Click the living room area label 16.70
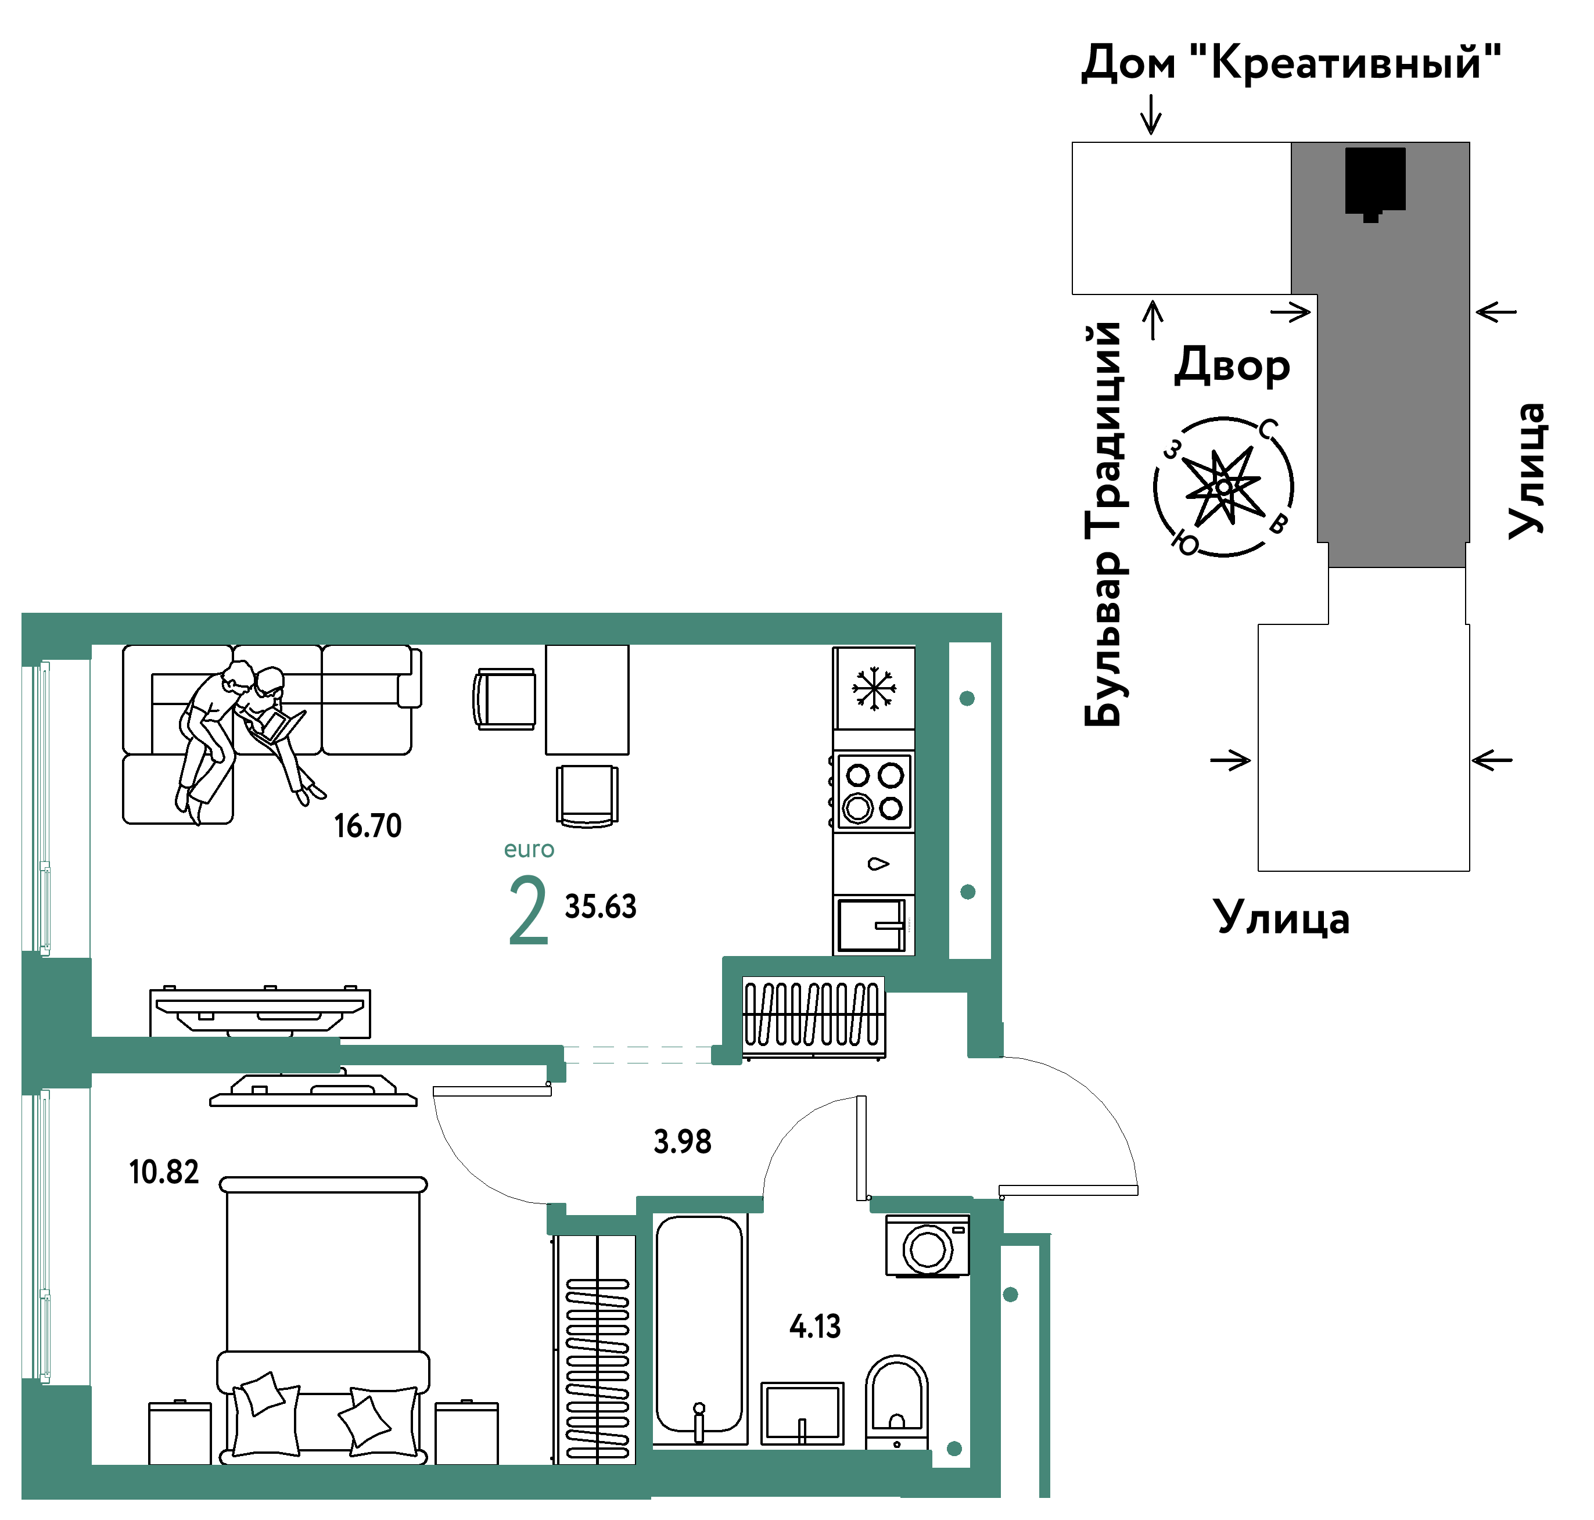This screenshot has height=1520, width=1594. [367, 825]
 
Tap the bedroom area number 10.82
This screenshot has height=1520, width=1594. [164, 1172]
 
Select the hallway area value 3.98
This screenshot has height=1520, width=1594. [683, 1142]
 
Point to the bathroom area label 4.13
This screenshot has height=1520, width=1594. [814, 1327]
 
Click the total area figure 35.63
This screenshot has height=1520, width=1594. [601, 907]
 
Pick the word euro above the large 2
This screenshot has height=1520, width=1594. [529, 849]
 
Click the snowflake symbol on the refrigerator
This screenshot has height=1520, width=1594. [874, 689]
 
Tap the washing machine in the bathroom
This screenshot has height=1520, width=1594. [927, 1246]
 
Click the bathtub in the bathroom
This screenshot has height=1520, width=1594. [699, 1329]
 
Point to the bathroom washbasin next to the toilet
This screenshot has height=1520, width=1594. [802, 1414]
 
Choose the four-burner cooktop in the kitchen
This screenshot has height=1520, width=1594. [874, 792]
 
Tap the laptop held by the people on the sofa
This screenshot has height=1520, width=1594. [279, 725]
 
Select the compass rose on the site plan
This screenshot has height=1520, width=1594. [1223, 486]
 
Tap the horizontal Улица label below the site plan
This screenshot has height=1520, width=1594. [1281, 918]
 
